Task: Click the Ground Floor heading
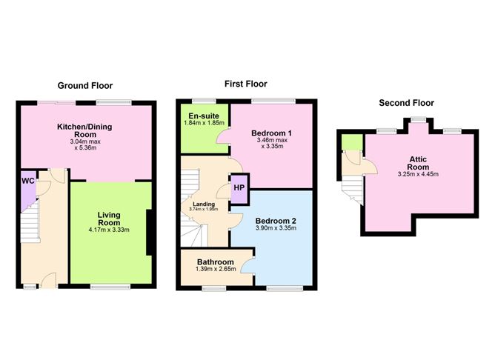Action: click(85, 85)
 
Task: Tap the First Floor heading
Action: click(245, 84)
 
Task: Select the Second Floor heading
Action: click(406, 103)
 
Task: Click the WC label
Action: click(27, 181)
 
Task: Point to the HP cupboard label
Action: click(239, 187)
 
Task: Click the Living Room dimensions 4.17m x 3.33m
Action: click(109, 230)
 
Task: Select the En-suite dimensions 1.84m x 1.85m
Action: click(204, 122)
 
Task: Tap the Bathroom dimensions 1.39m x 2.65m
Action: click(216, 269)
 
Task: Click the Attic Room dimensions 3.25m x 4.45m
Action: click(418, 174)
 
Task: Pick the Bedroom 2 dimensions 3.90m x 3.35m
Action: click(276, 228)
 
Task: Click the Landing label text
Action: click(204, 204)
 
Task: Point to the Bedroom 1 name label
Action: click(271, 133)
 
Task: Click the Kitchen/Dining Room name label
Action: click(84, 130)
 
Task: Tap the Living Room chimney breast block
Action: click(150, 233)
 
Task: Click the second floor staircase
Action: click(353, 190)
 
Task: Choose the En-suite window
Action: click(204, 101)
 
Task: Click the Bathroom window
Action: click(213, 288)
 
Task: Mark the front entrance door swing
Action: click(48, 280)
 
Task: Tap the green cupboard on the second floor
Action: click(352, 142)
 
